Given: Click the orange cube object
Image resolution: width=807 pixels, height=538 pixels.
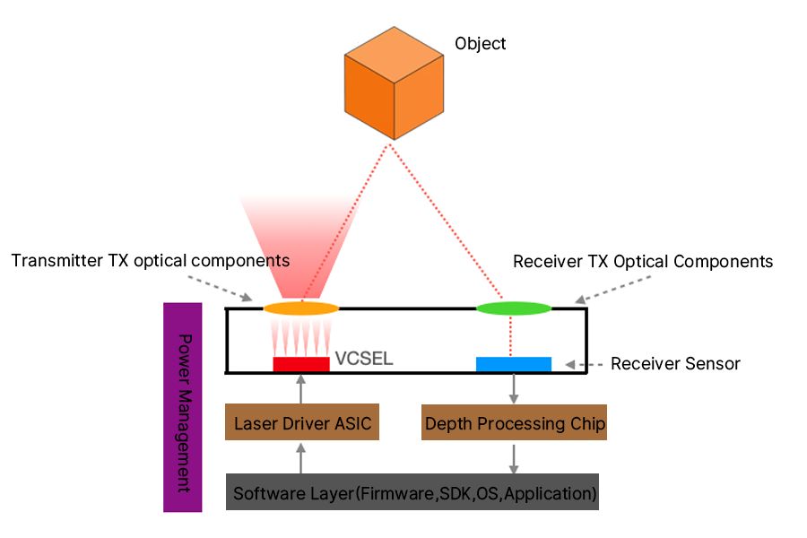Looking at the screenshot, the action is pos(394,83).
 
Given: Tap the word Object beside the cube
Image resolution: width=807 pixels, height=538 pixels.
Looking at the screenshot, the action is pos(481,44).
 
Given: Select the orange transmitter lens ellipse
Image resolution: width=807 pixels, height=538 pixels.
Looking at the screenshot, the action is pos(301,308).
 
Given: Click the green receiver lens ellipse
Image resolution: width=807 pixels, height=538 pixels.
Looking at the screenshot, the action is pos(514,308).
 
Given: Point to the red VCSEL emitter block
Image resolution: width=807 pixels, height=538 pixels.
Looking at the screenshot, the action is pos(301,364).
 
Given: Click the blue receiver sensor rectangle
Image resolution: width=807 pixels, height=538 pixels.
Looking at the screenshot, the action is pos(514,364).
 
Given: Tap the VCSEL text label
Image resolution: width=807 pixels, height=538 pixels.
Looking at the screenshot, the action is pos(364,359).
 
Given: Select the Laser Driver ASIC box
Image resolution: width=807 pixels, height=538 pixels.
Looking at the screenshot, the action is pos(302,422).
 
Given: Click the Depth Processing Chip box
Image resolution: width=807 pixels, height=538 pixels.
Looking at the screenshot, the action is pos(514,422).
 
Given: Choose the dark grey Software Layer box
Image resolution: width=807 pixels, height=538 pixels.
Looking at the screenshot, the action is pos(412,492).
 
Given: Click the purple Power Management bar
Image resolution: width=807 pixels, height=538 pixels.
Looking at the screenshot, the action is pos(183,407).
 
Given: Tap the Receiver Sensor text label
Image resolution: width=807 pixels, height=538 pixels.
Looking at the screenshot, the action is pos(675,364).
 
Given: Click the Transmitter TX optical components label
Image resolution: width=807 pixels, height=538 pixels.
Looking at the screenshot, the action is pos(151,261).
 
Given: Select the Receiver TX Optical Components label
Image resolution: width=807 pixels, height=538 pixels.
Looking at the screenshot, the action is pos(643,262).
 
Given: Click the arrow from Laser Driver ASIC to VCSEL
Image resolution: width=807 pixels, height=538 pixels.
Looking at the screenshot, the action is pos(301,388).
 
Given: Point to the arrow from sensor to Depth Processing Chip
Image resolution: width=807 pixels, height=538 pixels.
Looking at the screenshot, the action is pos(514,388).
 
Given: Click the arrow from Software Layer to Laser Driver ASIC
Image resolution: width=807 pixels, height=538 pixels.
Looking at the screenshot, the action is pos(301,458).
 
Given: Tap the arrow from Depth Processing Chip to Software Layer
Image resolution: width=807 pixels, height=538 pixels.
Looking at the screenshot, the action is pos(514,459).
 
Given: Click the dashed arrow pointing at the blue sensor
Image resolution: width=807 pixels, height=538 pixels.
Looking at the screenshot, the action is pos(584,365).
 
